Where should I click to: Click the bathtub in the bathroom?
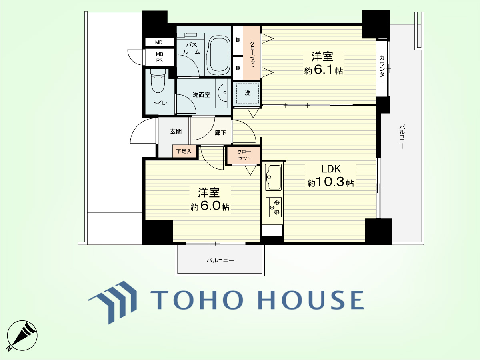pos(218,55)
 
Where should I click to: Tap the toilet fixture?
pos(158,81)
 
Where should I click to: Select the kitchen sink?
pos(273,178)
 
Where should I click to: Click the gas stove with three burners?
pos(274,207)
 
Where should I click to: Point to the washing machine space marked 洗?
pos(247,93)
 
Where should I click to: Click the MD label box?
pos(159,42)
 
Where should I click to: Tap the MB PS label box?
pos(160,57)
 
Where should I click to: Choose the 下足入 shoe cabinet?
pos(184,151)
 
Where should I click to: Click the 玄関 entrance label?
pos(176,131)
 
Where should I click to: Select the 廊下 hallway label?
pos(220,133)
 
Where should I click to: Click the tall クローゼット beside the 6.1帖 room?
pos(252,53)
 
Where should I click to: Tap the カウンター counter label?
pos(382,69)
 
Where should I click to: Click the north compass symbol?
pos(22,336)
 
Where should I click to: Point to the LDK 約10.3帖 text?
pos(331,176)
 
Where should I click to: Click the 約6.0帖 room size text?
pos(210,206)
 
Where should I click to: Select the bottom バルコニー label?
pos(220,260)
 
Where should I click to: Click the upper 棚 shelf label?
pos(238,40)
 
